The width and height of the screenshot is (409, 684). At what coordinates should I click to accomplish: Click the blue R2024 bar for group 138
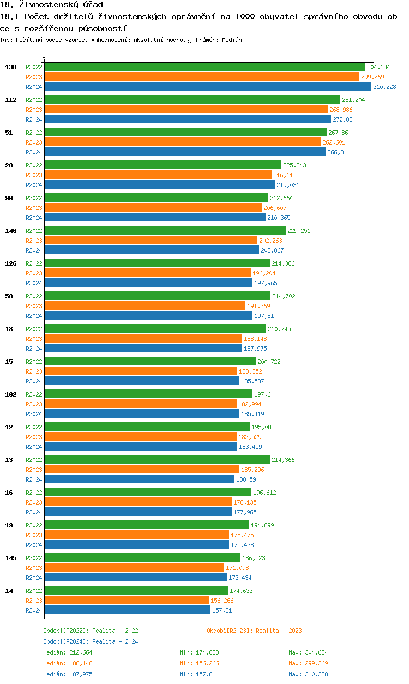[207, 87]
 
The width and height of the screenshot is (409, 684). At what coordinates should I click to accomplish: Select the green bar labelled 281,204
[192, 100]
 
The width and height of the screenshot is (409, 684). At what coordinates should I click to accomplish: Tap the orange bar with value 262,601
[182, 142]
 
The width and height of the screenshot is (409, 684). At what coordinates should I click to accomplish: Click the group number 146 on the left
[11, 231]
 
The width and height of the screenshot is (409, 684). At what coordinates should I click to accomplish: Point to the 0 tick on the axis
[44, 56]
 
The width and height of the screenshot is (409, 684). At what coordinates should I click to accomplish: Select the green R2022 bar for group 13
[157, 460]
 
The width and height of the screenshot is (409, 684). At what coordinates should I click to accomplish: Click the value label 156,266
[222, 601]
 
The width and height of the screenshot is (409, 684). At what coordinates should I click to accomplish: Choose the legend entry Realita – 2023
[254, 631]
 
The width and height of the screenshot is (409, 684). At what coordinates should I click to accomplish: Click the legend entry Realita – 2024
[91, 641]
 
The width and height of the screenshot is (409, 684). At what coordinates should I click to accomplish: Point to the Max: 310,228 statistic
[308, 674]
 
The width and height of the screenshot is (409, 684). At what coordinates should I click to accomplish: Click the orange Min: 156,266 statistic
[199, 663]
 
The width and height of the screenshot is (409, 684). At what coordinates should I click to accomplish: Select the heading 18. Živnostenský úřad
[51, 5]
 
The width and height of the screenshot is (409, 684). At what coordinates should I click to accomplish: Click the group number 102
[11, 394]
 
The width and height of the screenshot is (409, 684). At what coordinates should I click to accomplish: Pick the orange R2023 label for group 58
[34, 306]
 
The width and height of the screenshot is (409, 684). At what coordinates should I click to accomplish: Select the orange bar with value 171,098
[134, 568]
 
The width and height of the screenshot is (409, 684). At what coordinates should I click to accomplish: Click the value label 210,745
[279, 329]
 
